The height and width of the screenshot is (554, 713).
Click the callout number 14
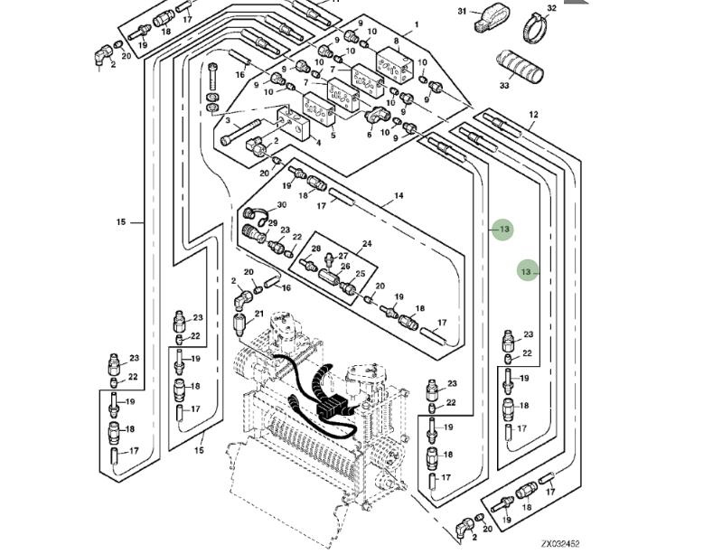click(x=399, y=195)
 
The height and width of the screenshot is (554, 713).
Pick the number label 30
click(x=282, y=205)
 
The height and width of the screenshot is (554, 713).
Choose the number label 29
click(x=272, y=223)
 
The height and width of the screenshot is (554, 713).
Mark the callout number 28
click(x=316, y=249)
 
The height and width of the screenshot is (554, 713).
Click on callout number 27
click(x=343, y=257)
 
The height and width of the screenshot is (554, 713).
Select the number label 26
click(x=344, y=267)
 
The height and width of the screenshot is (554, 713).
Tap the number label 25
click(x=360, y=274)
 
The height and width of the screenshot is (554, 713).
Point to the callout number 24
click(x=367, y=243)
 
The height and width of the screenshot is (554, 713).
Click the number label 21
click(x=258, y=315)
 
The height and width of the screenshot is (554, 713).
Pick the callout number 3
click(x=228, y=119)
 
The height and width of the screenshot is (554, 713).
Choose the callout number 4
click(x=318, y=142)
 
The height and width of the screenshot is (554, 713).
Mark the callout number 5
click(x=333, y=136)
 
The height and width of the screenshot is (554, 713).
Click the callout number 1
click(x=417, y=24)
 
